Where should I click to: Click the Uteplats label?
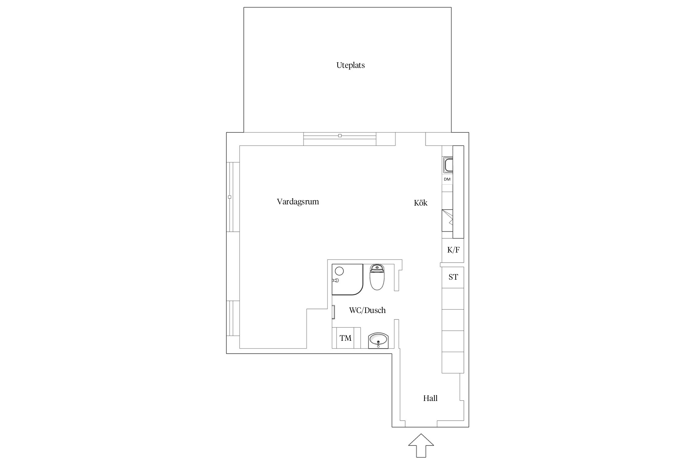click(350, 65)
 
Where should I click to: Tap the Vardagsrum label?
click(298, 202)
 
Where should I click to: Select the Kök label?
click(420, 203)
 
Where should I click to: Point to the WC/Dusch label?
click(367, 310)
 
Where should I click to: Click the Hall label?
click(430, 398)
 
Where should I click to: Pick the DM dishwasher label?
click(447, 179)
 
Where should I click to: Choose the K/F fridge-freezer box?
click(453, 250)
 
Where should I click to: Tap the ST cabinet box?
click(453, 277)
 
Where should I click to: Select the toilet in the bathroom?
click(377, 277)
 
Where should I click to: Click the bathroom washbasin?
click(378, 341)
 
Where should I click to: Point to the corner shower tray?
click(347, 279)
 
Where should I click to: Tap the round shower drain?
click(339, 271)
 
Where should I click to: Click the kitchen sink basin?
click(448, 165)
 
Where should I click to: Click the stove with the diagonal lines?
click(447, 221)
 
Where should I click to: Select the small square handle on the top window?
click(340, 136)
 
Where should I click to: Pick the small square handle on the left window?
click(229, 197)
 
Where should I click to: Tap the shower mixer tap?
click(336, 280)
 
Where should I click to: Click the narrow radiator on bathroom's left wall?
click(333, 312)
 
